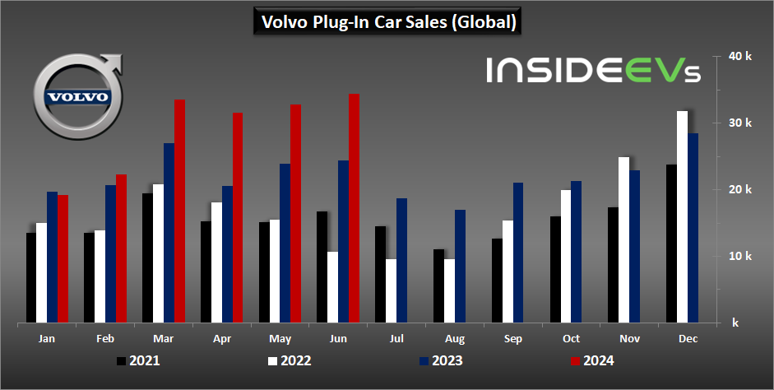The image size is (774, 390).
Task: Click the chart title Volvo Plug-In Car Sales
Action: (x=387, y=22)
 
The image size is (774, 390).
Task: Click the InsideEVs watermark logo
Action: (x=593, y=70)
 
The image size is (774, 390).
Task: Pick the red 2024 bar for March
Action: (x=179, y=211)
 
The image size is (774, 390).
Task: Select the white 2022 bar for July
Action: (x=391, y=290)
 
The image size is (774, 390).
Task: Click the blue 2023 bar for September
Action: (x=518, y=253)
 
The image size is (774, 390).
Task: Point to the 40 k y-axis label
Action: (x=740, y=57)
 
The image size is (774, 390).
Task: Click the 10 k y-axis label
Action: (x=740, y=256)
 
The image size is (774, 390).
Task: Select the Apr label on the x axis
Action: (x=220, y=338)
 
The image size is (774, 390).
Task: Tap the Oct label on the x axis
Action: (x=571, y=338)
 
